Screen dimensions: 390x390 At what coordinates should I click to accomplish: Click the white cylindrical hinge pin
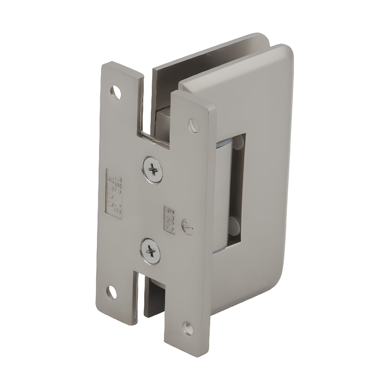point(221,189)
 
